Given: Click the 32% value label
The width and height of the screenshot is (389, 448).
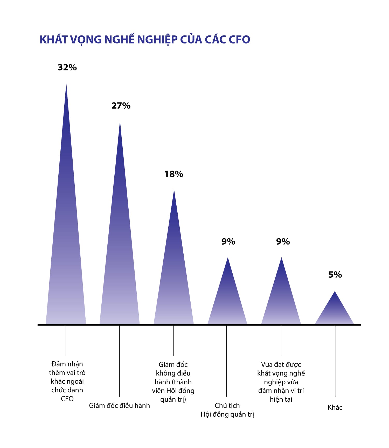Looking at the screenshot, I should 67,68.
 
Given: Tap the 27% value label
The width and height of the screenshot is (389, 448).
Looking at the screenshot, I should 121,106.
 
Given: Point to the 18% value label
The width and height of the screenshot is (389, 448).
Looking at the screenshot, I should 174,174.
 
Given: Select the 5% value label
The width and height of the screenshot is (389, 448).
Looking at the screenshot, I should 335,275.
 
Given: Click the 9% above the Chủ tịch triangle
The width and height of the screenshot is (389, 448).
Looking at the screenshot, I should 228,241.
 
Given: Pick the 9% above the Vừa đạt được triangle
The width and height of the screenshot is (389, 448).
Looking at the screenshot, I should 283,241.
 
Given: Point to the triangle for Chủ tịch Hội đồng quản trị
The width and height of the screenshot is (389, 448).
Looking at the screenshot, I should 227,300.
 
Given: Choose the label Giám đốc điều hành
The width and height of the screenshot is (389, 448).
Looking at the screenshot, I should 119,405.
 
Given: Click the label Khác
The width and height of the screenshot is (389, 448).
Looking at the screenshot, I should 335,407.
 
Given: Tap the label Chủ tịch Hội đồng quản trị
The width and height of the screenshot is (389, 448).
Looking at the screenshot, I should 227,410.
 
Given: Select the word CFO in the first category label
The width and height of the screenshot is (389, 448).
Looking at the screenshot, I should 67,399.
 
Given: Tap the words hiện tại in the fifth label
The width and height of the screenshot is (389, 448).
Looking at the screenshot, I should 281,399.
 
